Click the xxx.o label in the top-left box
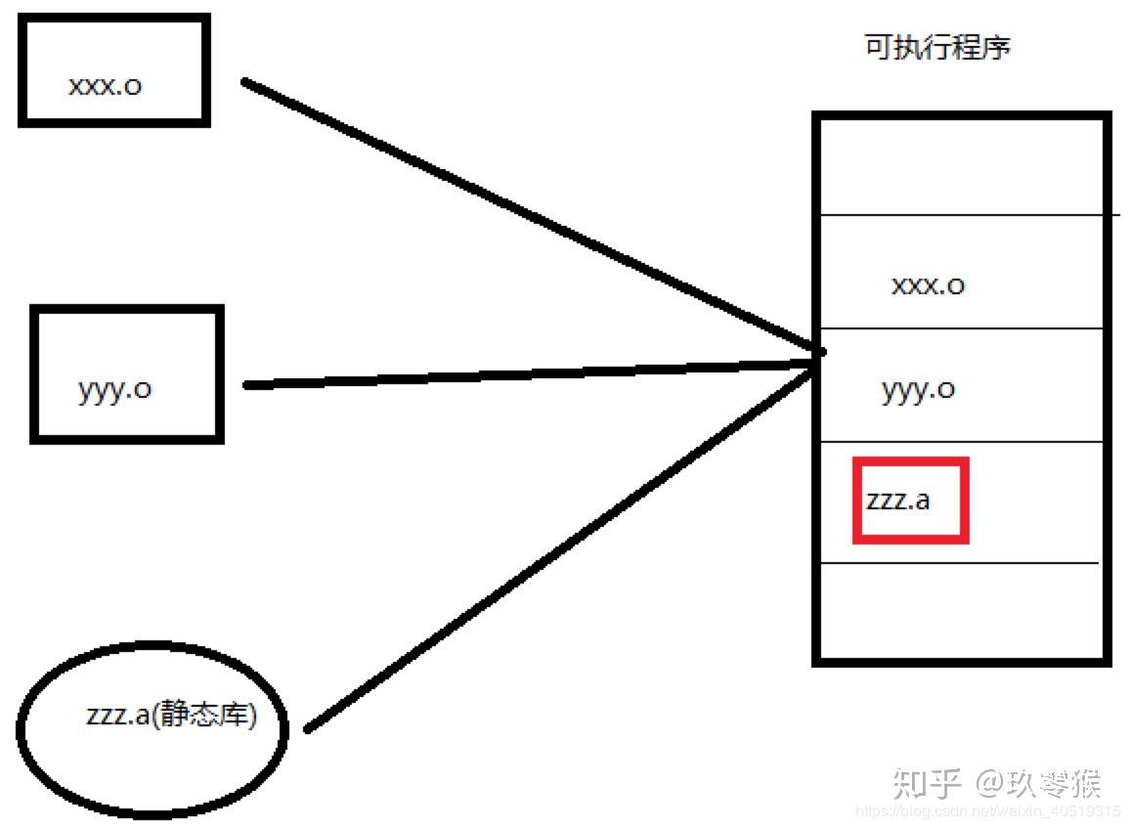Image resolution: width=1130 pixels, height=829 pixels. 105,85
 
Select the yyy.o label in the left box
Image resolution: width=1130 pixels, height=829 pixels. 114,389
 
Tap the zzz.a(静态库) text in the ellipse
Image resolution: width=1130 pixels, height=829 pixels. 171,716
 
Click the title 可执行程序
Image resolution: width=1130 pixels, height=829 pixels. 936,48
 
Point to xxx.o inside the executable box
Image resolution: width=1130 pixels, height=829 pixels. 928,284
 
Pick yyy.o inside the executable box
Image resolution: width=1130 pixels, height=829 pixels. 918,389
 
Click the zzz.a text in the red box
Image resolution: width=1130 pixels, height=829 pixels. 897,501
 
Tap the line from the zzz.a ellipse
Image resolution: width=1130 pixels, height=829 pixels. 557,547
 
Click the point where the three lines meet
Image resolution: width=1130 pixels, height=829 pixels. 819,354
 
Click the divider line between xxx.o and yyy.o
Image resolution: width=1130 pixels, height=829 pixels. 961,328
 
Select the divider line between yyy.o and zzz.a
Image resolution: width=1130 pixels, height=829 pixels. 961,441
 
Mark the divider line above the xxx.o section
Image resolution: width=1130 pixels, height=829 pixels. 961,214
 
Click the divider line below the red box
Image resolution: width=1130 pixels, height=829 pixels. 961,563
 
